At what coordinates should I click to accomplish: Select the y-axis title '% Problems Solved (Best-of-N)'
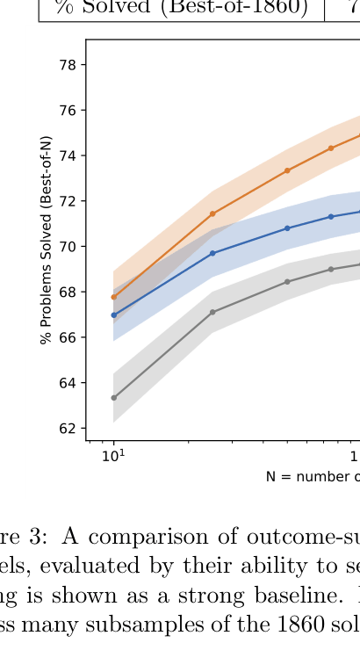(x=47, y=240)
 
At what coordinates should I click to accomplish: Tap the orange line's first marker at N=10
(x=114, y=297)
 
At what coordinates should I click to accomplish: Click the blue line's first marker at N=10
(x=114, y=314)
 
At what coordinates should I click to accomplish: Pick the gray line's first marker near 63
(x=114, y=398)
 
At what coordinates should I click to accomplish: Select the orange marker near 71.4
(x=212, y=213)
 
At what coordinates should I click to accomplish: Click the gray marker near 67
(x=212, y=312)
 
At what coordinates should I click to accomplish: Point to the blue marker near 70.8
(x=287, y=228)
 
